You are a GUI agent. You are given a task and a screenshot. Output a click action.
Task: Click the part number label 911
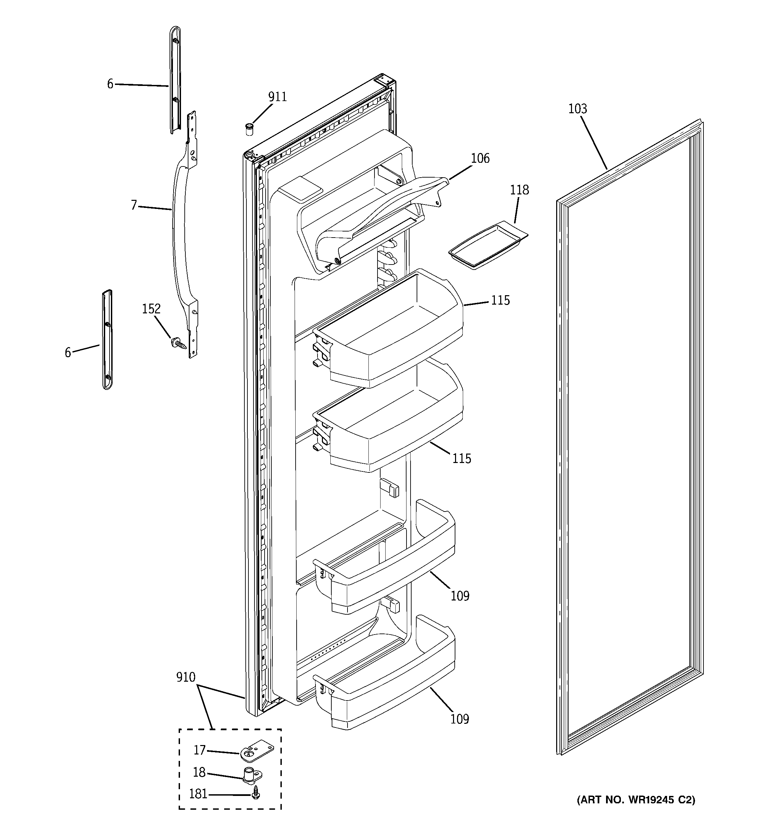[x=277, y=97]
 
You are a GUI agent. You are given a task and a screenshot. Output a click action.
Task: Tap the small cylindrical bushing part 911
[x=250, y=129]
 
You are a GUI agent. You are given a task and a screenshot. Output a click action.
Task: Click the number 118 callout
[x=519, y=190]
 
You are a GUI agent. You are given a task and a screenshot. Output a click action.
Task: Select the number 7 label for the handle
[x=134, y=205]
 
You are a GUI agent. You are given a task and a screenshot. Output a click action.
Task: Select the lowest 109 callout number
[x=460, y=719]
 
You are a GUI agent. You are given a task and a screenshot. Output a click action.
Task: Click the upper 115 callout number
[x=500, y=300]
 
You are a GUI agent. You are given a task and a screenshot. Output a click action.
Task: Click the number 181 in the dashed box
[x=198, y=794]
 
